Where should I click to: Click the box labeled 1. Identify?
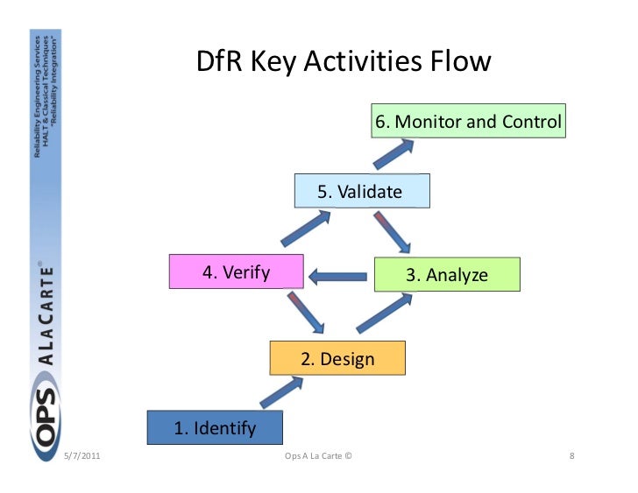click(x=215, y=427)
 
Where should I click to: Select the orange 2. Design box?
click(x=337, y=359)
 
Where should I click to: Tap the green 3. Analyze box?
click(x=446, y=275)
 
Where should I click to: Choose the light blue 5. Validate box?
click(x=361, y=192)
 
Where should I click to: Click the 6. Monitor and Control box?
click(x=468, y=122)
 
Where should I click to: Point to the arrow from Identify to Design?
click(x=280, y=392)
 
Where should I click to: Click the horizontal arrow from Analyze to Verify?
click(x=337, y=278)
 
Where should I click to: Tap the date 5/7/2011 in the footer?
click(x=82, y=457)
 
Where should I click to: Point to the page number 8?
click(x=571, y=457)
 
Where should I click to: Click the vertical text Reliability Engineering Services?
click(x=37, y=97)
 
